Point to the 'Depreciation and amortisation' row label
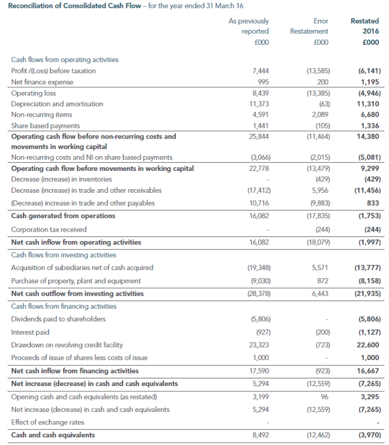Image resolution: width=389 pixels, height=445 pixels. click(57, 103)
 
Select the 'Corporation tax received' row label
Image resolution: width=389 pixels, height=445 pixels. click(49, 229)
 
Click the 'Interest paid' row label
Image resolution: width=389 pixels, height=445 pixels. click(30, 332)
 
